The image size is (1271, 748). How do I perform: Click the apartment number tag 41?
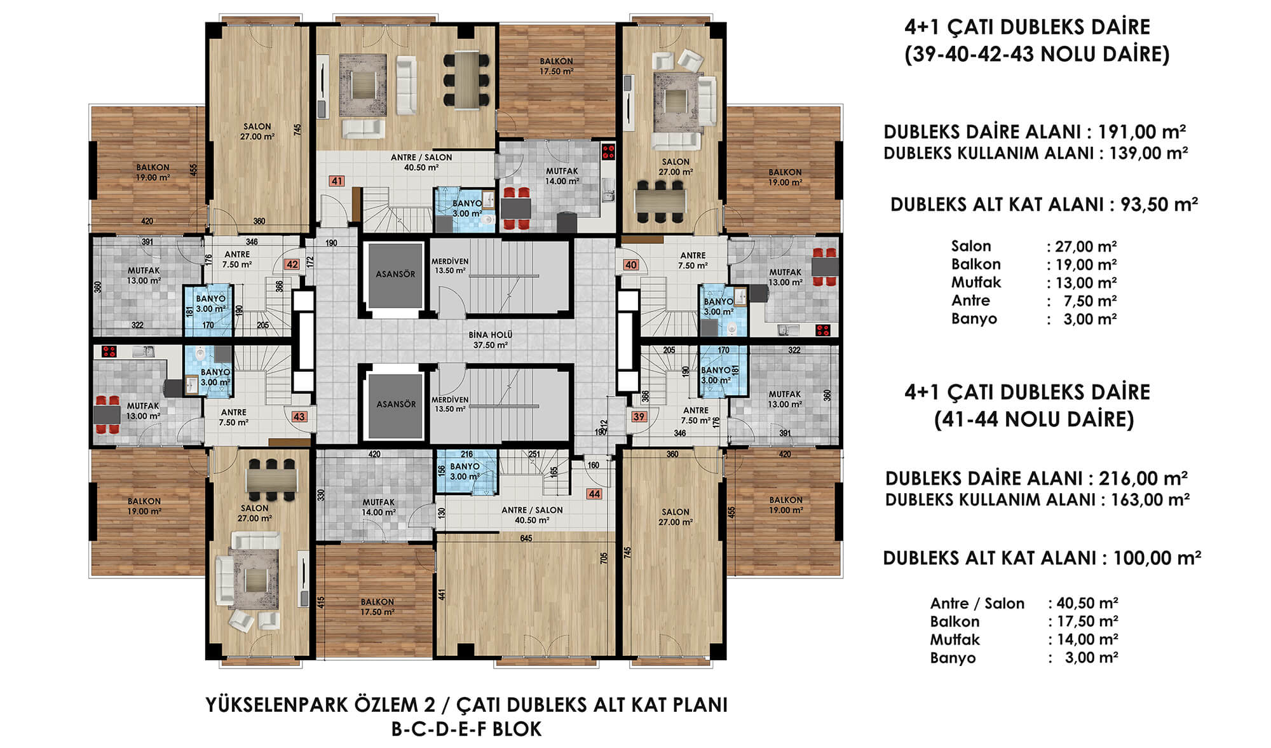point(337,181)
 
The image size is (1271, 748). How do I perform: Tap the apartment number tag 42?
point(292,264)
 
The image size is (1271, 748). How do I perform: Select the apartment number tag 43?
point(299,417)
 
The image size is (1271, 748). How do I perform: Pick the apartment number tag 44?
point(594,494)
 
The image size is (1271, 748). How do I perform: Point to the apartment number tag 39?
point(639,417)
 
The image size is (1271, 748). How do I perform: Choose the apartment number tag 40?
point(630,265)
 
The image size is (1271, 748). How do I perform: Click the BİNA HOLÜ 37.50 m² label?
point(490,340)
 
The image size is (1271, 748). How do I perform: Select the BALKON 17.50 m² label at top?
point(556,67)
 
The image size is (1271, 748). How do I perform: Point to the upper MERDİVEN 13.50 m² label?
point(450,266)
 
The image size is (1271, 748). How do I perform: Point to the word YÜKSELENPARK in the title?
point(277,705)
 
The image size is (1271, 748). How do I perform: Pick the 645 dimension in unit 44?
point(526,538)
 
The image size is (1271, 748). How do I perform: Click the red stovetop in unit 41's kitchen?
point(608,151)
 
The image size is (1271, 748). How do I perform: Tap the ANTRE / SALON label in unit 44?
point(532,510)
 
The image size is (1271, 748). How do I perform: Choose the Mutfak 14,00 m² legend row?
point(1024,639)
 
